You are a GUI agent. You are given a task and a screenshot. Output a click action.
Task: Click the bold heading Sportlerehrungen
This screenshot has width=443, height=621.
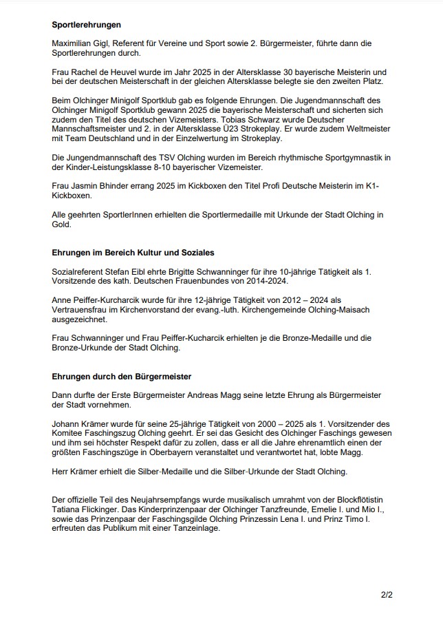pyautogui.click(x=86, y=25)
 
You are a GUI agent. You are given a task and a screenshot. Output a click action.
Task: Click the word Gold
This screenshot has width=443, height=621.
pyautogui.click(x=63, y=224)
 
